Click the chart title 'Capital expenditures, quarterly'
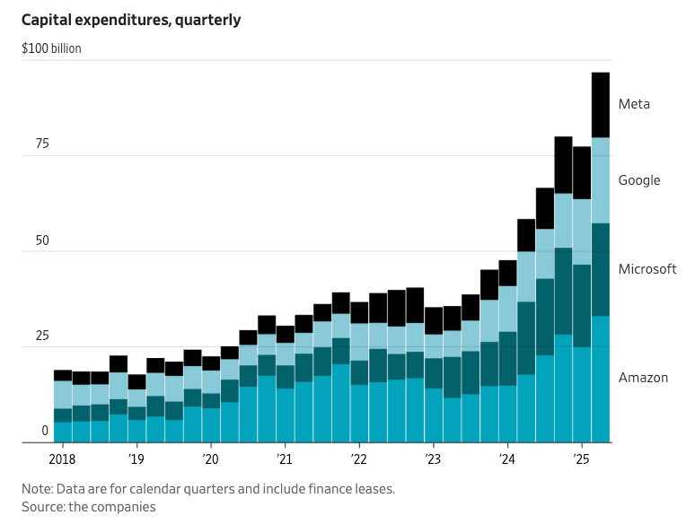coord(131,20)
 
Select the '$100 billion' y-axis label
coord(51,48)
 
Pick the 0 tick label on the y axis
coord(44,432)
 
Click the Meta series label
coord(634,104)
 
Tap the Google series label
coord(639,180)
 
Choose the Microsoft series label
coord(647,269)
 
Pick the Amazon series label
coord(643,378)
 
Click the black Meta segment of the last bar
coord(601,105)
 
